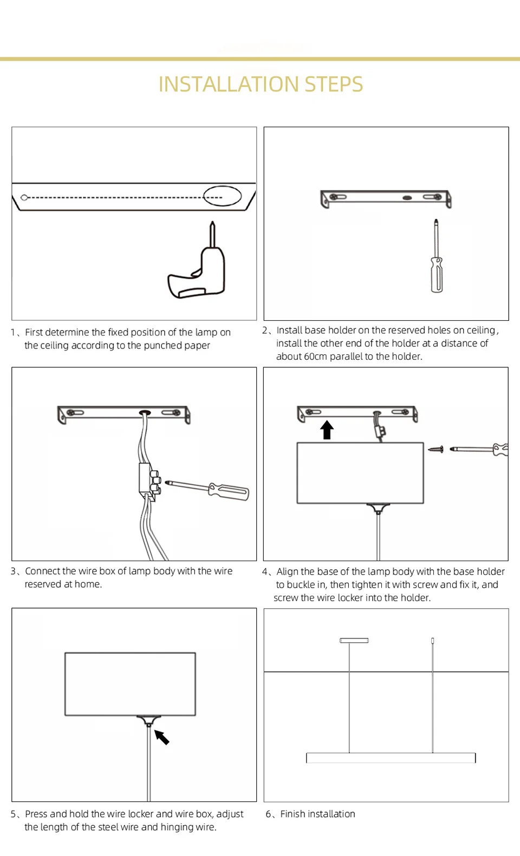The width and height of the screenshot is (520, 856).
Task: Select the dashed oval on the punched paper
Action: point(222,196)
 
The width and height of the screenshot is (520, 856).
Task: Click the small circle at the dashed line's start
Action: point(24,197)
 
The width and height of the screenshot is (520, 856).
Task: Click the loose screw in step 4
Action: point(436,449)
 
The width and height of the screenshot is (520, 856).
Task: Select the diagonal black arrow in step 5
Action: point(162,737)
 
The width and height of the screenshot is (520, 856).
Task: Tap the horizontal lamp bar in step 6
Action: point(391,758)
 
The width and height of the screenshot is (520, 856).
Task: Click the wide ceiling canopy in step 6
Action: point(354,640)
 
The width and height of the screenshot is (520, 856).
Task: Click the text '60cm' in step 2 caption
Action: point(316,357)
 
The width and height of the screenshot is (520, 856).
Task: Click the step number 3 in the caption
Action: point(13,571)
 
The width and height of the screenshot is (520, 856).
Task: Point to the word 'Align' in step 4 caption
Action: point(288,572)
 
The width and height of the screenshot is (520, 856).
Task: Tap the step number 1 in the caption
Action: point(13,332)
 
